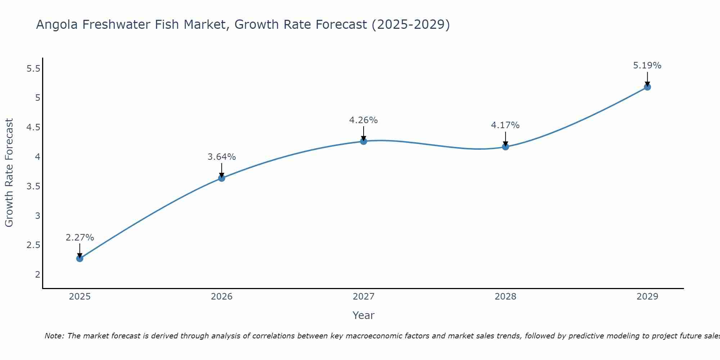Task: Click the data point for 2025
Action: pos(80,258)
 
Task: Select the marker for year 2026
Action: pos(221,178)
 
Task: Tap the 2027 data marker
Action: pos(364,141)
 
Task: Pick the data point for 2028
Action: pos(505,147)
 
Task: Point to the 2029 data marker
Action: pos(647,87)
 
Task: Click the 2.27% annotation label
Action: pos(80,238)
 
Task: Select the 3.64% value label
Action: pos(221,157)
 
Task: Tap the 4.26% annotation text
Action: pos(364,120)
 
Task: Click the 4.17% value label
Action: pos(505,125)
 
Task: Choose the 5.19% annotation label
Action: pos(647,66)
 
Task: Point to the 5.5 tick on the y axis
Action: pos(33,68)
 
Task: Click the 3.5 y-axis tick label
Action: pos(33,186)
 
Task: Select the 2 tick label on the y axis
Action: pos(37,274)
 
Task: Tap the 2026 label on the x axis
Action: pos(221,297)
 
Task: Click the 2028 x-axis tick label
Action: pos(505,297)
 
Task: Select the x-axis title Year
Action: pos(364,315)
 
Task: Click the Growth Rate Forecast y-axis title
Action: pos(9,173)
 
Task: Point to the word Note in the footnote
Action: pos(54,336)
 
